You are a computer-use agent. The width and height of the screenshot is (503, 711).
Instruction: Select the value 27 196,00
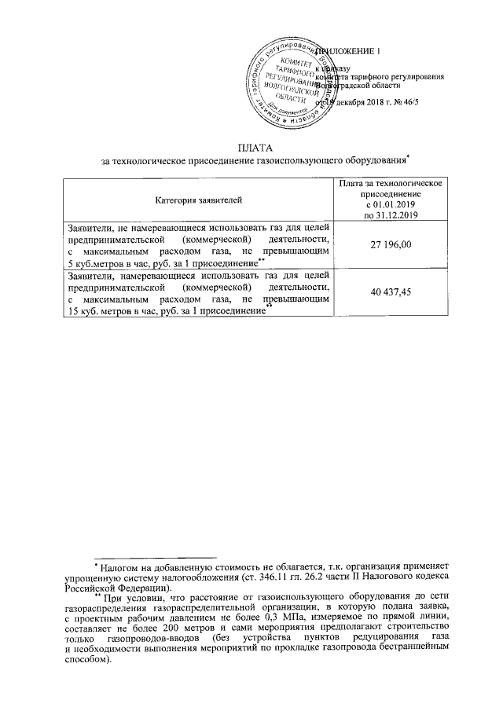(390, 246)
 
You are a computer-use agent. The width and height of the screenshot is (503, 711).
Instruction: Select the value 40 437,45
(390, 292)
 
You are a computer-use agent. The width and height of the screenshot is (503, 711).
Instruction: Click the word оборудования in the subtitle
(373, 160)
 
